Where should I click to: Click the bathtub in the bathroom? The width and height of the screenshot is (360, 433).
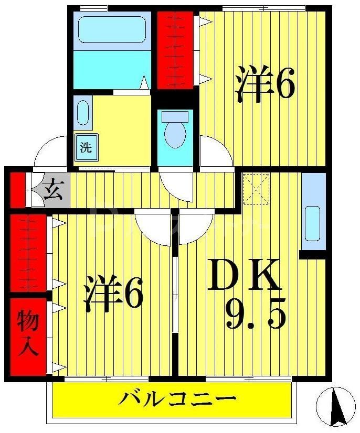(112, 31)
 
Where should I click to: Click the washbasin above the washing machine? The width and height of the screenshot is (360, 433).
(83, 112)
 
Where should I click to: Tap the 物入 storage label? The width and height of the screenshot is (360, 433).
(28, 334)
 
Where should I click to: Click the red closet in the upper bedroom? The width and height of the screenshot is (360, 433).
(175, 50)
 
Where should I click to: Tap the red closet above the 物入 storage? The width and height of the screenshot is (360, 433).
(28, 252)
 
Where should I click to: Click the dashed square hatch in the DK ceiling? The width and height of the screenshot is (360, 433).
(256, 189)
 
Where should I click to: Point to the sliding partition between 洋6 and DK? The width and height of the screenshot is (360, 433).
(175, 294)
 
